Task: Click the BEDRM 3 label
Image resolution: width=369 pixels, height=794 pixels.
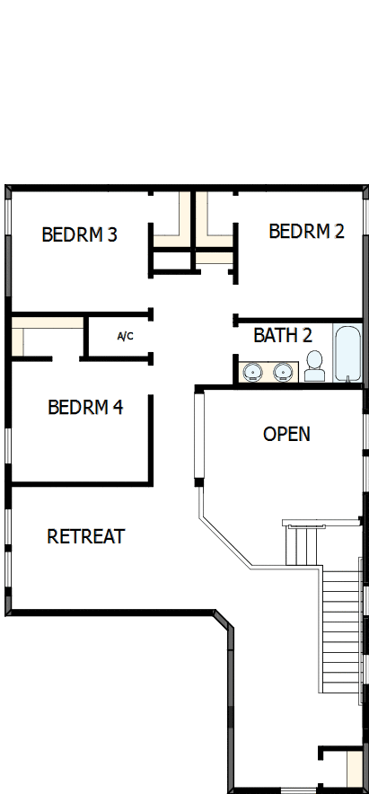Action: [x=79, y=235]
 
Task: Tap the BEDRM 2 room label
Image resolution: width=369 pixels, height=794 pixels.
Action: [x=306, y=232]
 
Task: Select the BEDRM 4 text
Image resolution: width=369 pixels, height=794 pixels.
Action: [x=85, y=408]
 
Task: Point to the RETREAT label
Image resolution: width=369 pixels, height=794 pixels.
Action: [x=85, y=537]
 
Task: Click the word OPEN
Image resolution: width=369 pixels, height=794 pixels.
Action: [x=286, y=435]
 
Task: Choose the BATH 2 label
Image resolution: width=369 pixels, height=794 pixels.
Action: [x=282, y=336]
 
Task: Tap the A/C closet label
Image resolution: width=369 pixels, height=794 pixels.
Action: [x=126, y=337]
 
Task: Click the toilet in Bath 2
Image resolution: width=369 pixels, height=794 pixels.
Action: [x=313, y=366]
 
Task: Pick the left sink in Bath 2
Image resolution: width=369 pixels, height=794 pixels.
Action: [x=251, y=370]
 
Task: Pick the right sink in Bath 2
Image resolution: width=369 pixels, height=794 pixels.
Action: [x=284, y=370]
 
